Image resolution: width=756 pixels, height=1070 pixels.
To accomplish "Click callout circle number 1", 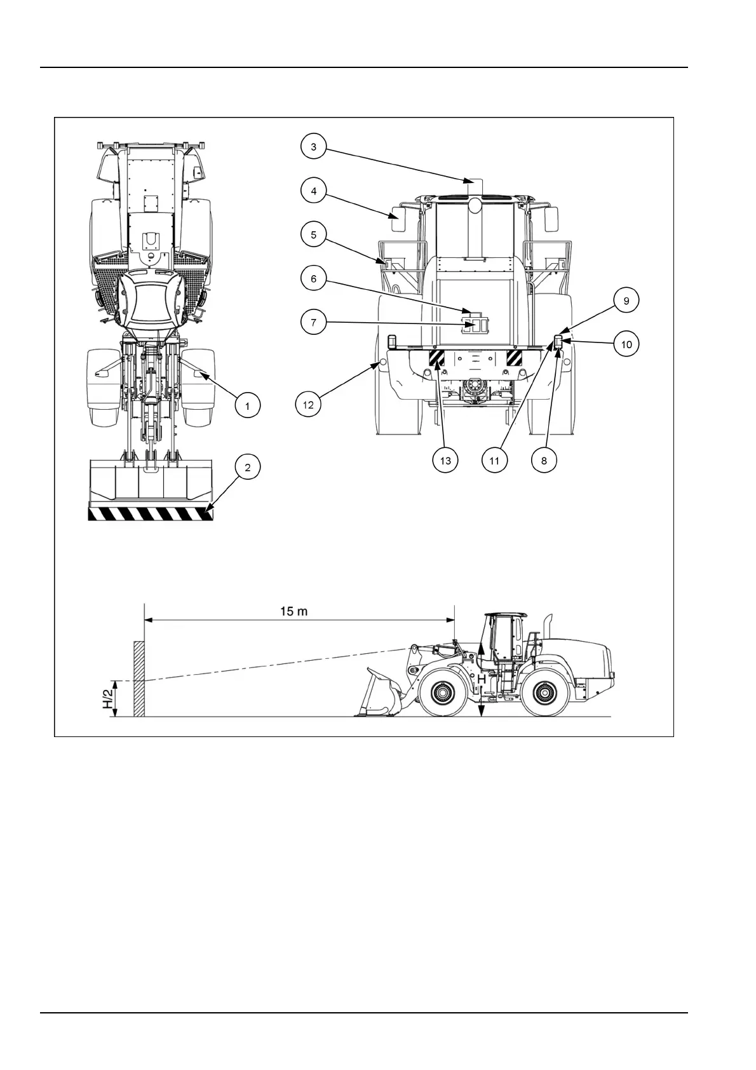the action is point(248,405).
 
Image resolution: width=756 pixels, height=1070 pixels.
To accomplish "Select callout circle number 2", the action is point(248,468).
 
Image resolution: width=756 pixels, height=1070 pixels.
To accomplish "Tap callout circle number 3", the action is point(313,147).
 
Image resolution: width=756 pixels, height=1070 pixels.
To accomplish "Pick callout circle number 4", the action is point(313,191).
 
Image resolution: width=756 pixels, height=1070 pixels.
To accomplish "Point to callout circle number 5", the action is point(313,234).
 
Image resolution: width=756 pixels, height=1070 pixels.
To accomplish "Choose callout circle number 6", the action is point(313,278).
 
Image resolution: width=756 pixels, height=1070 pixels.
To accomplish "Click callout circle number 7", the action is point(313,323).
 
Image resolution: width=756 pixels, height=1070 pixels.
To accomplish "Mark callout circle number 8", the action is point(544,460).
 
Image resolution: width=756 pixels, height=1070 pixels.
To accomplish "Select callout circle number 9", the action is point(626,301).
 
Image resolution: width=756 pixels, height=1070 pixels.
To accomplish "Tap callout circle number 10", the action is point(626,344).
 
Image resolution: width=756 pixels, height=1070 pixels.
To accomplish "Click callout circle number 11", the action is point(494,460).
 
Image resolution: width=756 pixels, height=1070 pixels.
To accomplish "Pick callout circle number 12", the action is point(309,405).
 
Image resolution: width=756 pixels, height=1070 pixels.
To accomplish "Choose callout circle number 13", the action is point(445,460).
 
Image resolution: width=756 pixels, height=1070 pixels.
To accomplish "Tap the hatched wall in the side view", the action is point(139,679).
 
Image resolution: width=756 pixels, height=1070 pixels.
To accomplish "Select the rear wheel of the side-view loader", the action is point(546,692).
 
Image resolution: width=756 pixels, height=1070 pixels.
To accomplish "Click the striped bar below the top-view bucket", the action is point(151,513).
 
